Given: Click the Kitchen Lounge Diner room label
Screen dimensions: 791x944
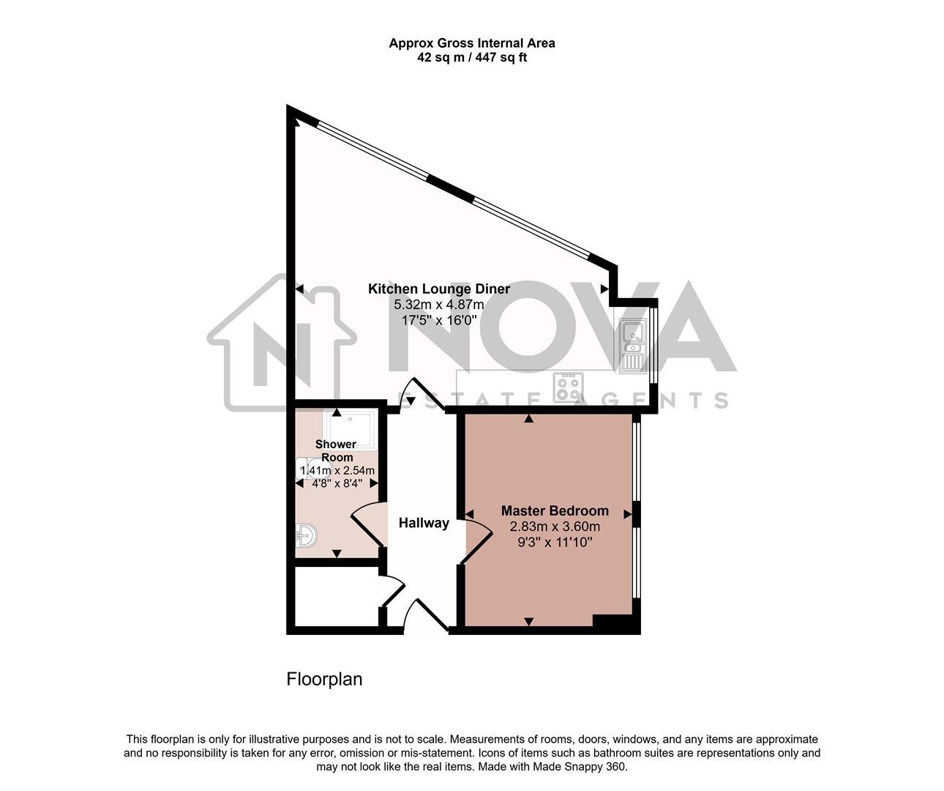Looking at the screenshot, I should (x=438, y=289).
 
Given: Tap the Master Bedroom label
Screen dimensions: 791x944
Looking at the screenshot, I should (x=554, y=510).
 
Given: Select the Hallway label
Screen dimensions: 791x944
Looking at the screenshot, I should (x=424, y=523).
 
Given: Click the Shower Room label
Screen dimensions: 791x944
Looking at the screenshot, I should (x=336, y=450).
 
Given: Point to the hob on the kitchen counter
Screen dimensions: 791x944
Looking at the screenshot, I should (x=568, y=387).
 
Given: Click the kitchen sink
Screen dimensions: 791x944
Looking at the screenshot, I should (x=632, y=344).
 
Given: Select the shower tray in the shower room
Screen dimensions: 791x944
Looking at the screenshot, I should (x=351, y=428).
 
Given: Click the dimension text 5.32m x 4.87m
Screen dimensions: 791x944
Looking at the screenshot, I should (x=438, y=305).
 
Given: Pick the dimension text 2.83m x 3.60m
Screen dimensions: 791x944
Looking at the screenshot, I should (x=555, y=527).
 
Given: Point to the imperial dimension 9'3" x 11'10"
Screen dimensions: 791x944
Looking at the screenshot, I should (x=555, y=543).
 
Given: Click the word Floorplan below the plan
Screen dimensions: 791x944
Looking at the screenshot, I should (x=324, y=679).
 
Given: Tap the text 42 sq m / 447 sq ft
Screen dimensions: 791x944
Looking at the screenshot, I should (x=471, y=58).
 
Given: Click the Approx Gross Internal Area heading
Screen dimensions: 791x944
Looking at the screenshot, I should (x=471, y=43).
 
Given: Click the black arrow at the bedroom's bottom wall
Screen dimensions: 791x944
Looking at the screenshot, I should (x=529, y=622).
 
